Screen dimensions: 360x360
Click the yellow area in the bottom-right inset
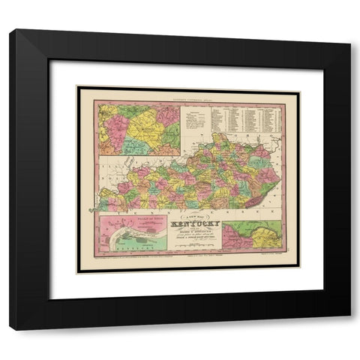[x=262, y=236]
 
